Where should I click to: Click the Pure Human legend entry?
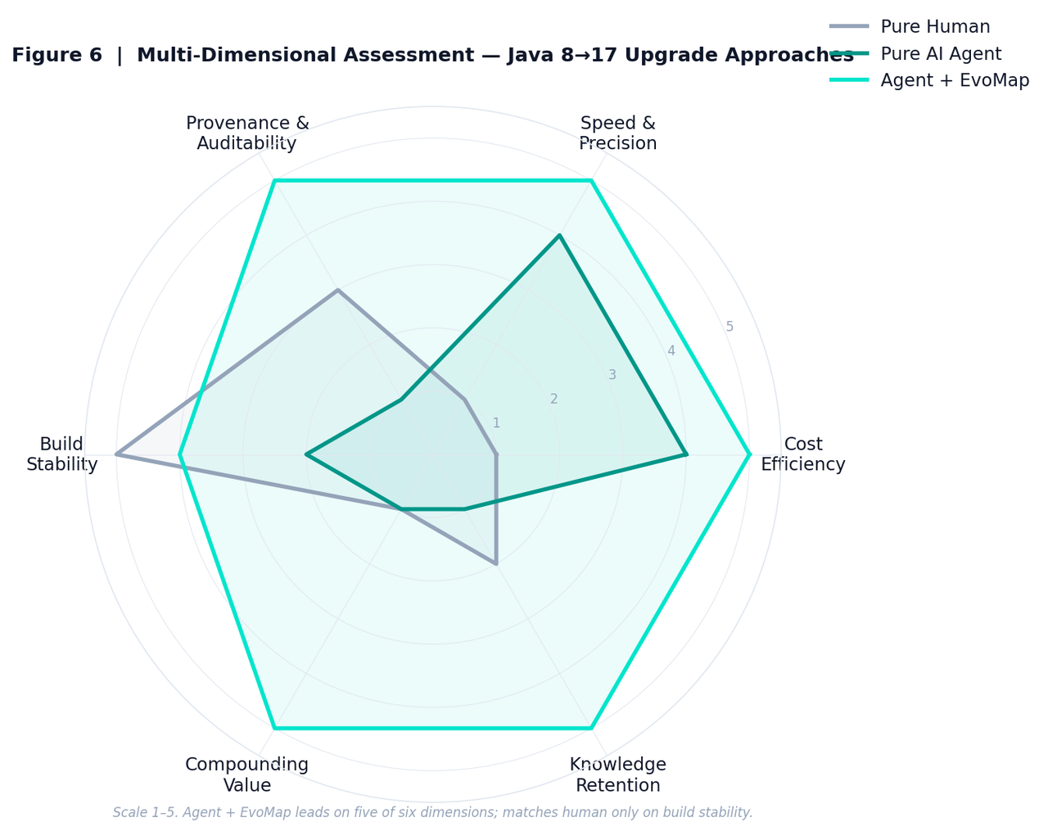[x=910, y=26]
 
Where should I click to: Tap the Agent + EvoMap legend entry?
[x=929, y=80]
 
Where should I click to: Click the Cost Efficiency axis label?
[x=802, y=454]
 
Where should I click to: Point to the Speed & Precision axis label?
[x=617, y=133]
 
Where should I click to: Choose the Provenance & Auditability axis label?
[x=247, y=133]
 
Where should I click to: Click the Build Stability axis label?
[x=62, y=454]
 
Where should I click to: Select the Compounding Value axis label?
[x=247, y=775]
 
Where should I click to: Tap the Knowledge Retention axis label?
[x=617, y=775]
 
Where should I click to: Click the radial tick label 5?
[x=729, y=327]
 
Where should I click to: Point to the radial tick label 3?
[x=612, y=375]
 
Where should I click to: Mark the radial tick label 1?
[x=496, y=422]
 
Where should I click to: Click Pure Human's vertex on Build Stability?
[x=116, y=455]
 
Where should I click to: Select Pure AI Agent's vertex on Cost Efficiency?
[x=685, y=455]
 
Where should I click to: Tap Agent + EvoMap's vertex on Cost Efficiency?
[x=749, y=455]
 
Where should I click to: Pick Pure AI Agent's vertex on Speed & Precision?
[x=559, y=235]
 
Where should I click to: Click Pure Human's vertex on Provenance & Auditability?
[x=338, y=291]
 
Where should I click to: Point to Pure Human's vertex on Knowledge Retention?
[x=496, y=564]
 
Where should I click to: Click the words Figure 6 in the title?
[x=57, y=55]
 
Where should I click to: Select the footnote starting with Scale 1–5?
[x=432, y=812]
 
